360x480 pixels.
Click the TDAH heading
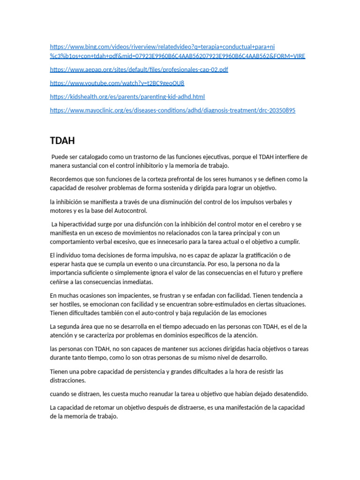[x=62, y=141]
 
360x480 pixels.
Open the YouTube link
[x=117, y=83]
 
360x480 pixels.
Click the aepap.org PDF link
[x=139, y=69]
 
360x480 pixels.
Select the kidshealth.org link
[x=127, y=97]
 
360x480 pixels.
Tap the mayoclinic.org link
[x=172, y=110]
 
